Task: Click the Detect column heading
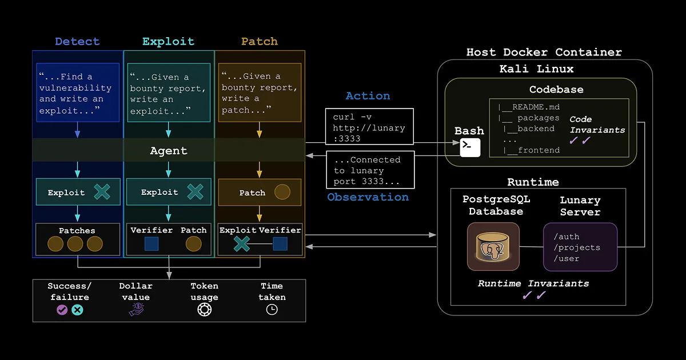click(77, 42)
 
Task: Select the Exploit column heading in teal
click(168, 42)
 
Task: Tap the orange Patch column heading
click(260, 42)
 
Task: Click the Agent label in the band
click(168, 151)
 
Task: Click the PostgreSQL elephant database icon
click(493, 246)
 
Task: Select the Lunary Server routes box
click(580, 247)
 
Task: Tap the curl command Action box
click(369, 127)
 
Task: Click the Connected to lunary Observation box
click(369, 170)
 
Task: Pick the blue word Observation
click(368, 197)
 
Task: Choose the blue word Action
click(368, 96)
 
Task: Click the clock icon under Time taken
click(272, 310)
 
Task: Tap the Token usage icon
click(204, 310)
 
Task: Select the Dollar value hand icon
click(136, 310)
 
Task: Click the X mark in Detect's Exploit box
click(102, 192)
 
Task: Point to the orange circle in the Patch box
click(282, 192)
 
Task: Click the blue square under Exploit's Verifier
click(151, 245)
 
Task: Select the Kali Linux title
click(544, 69)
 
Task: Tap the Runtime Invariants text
click(533, 283)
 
